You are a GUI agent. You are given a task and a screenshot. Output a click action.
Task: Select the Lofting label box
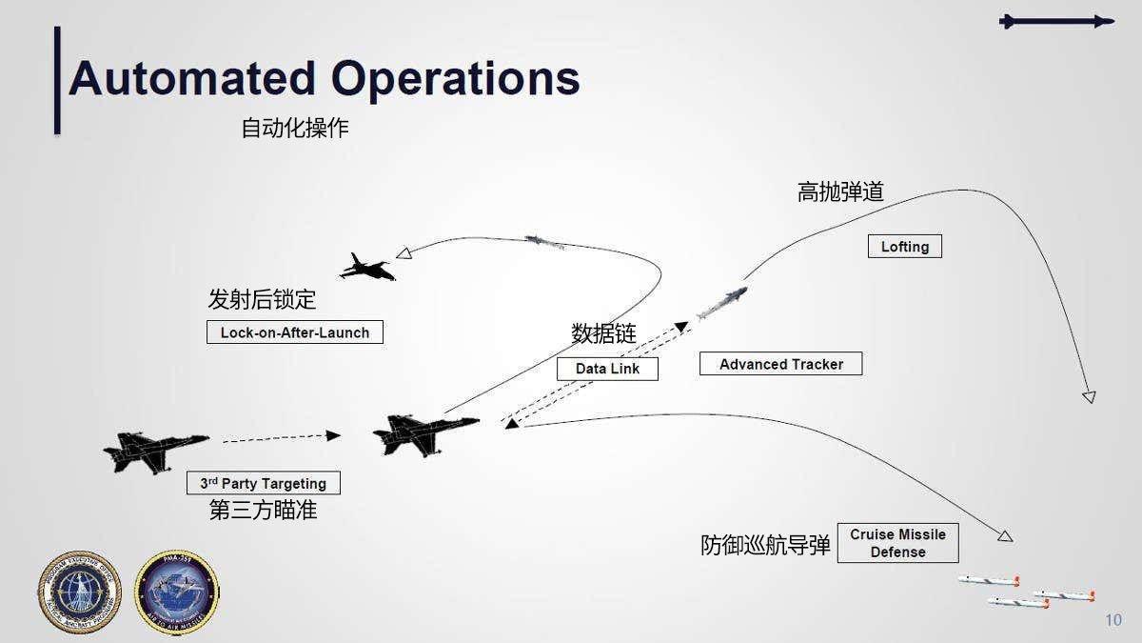(904, 247)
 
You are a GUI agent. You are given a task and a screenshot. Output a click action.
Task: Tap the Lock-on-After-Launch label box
(295, 332)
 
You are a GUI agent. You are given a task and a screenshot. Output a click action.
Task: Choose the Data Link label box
(607, 369)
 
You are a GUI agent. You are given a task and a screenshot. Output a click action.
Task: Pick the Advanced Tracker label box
(780, 364)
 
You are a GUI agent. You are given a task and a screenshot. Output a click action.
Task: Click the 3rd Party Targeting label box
(263, 483)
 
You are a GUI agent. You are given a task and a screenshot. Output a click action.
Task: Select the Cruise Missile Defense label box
(897, 543)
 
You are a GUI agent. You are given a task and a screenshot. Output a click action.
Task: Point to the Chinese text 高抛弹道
(840, 192)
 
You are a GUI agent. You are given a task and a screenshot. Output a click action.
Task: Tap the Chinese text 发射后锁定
(262, 300)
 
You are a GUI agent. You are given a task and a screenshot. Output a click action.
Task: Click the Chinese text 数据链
(603, 333)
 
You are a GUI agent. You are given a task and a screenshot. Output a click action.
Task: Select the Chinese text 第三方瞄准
(263, 511)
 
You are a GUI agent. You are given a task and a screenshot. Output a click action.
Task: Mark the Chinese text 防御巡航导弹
(765, 546)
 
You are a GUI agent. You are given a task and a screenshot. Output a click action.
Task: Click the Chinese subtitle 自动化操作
(295, 129)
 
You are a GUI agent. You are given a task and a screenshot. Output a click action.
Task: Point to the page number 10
(1113, 621)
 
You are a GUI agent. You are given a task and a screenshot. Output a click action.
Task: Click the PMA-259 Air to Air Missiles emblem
(177, 593)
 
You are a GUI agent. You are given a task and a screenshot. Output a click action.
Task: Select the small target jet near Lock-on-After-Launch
(367, 268)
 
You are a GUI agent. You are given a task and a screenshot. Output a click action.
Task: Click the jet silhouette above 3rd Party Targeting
(155, 451)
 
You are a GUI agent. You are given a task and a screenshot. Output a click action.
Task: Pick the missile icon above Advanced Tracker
(722, 302)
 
